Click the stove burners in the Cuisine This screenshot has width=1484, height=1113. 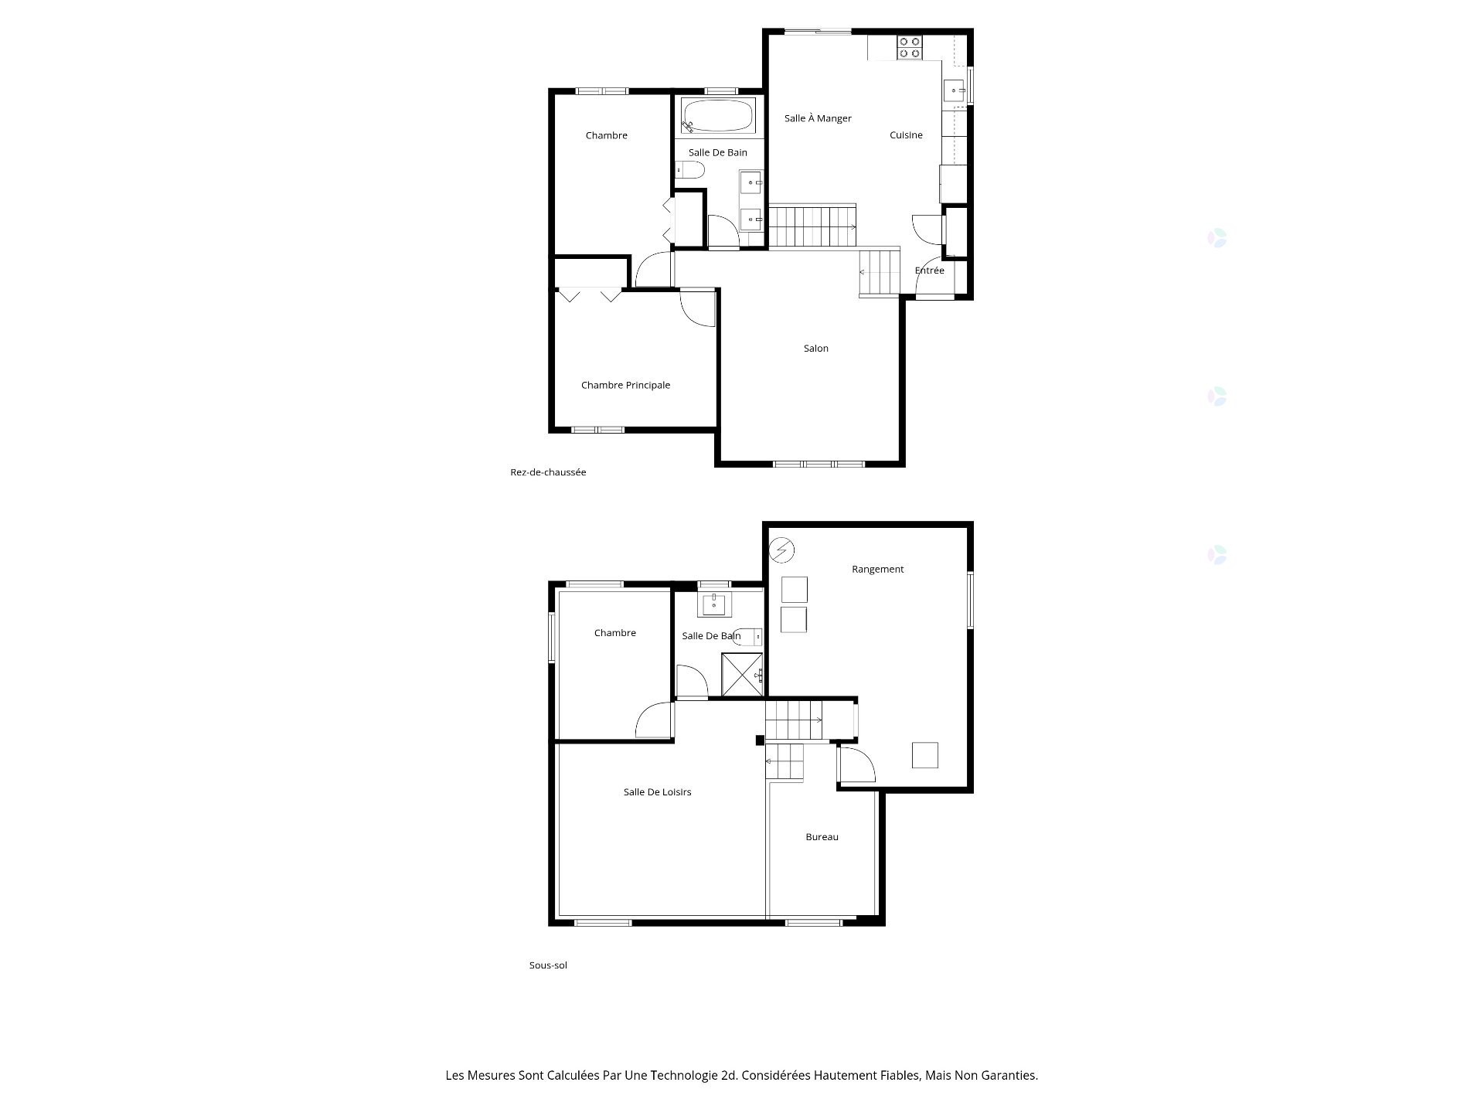(909, 48)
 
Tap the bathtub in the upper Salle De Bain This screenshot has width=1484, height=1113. (717, 116)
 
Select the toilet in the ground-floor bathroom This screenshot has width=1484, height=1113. (689, 170)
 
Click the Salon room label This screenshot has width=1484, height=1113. (816, 349)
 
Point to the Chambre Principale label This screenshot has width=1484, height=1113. (625, 385)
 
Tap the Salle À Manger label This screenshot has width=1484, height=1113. (818, 118)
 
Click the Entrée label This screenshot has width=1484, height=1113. (930, 271)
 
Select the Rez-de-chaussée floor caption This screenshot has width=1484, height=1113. (548, 472)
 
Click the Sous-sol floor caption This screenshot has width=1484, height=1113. (548, 965)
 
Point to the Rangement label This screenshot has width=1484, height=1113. (877, 570)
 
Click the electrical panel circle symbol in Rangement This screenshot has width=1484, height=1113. (782, 550)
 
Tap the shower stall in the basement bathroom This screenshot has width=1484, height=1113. (742, 675)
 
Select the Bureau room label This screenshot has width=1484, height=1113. (822, 837)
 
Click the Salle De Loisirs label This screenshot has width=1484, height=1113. (657, 792)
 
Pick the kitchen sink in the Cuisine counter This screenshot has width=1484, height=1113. (955, 90)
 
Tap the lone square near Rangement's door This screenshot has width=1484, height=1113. (925, 755)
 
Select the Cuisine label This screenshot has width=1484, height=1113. (906, 135)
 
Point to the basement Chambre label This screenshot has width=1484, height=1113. (615, 633)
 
